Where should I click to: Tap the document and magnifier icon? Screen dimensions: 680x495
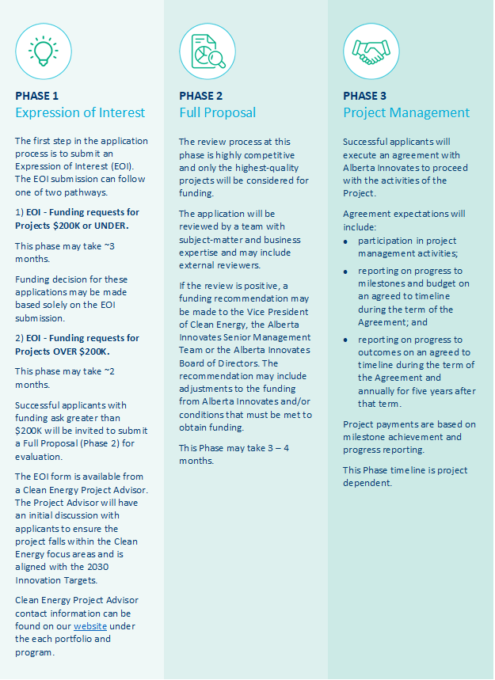208,51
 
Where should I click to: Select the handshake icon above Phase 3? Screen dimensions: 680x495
371,51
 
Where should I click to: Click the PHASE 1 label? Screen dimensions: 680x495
36,96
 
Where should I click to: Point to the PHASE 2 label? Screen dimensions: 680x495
200,96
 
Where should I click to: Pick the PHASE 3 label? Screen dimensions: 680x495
364,96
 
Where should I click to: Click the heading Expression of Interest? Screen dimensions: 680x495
80,112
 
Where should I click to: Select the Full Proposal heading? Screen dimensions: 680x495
217,112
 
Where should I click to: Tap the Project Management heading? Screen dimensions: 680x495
406,112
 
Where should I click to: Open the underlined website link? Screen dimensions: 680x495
89,626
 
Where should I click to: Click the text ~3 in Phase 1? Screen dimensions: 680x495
111,246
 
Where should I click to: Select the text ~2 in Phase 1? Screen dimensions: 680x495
111,371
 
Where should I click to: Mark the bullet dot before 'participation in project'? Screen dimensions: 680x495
347,240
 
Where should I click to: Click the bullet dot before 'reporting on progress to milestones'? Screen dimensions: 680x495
347,271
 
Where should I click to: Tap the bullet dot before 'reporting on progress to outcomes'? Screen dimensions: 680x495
347,339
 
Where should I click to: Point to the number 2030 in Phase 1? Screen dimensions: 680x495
92,567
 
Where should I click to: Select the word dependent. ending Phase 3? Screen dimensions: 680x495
367,483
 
